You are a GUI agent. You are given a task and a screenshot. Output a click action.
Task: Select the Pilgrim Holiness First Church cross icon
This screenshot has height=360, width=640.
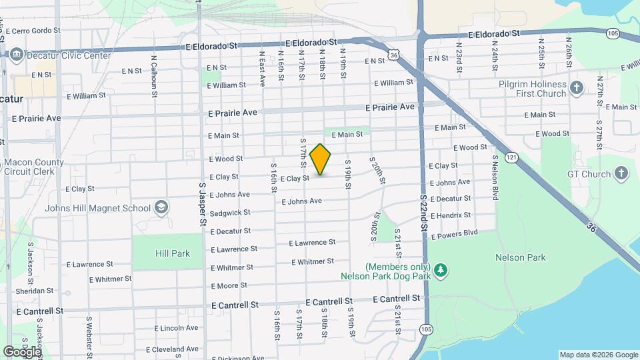[577, 87]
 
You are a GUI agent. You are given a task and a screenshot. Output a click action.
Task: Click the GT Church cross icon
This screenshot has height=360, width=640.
[621, 175]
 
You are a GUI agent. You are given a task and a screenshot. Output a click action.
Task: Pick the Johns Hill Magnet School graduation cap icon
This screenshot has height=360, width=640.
[161, 208]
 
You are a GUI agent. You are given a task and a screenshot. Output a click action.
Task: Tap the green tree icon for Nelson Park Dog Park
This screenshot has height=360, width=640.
[440, 270]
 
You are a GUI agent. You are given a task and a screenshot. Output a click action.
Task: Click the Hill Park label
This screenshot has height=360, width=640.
[173, 253]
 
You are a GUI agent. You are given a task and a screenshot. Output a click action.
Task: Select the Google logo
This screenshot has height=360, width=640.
[22, 351]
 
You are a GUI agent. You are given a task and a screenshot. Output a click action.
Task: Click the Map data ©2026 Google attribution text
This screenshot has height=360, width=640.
[598, 355]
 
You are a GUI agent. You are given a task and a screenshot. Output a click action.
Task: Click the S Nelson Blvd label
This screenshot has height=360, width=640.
[495, 177]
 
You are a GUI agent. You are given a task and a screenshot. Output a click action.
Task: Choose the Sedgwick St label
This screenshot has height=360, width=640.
[230, 213]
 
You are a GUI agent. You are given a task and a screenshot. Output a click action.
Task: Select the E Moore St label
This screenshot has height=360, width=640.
[229, 286]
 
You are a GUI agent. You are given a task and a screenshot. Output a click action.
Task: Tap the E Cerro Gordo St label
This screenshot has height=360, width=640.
[33, 31]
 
